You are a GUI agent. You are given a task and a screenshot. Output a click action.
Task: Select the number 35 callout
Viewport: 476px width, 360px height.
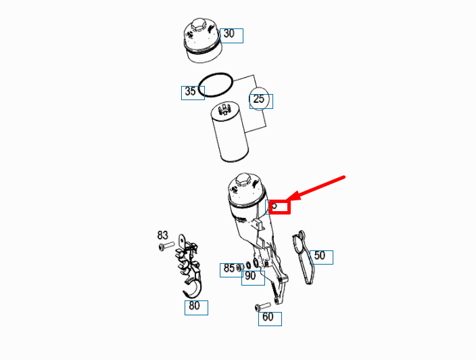coord(192,92)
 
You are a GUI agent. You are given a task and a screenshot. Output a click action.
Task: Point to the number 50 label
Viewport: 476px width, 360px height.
coord(320,256)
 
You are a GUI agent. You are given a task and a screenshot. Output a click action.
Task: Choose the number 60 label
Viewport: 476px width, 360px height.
coord(269,317)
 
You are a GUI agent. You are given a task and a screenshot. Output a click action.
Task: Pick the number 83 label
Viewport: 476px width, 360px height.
coord(163,235)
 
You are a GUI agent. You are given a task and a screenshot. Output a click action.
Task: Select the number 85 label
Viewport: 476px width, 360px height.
coord(229,269)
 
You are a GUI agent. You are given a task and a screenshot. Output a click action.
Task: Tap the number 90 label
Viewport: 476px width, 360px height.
coord(252,276)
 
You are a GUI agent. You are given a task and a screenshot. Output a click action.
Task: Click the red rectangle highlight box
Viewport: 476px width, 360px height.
coord(279,206)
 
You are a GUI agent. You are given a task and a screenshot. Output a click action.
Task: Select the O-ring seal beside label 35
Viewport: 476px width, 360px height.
coord(218,85)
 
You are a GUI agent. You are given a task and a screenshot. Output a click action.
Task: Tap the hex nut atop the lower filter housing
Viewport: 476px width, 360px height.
coord(243,181)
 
